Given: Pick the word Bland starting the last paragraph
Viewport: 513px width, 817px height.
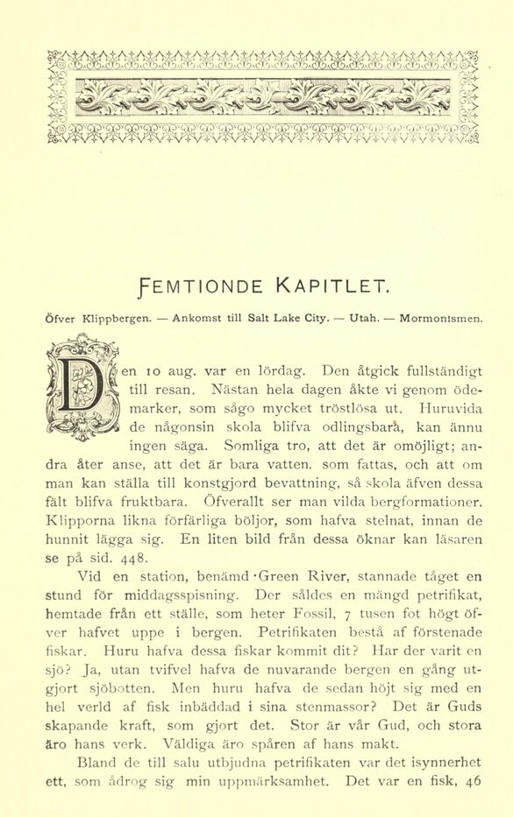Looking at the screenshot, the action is [96, 762].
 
